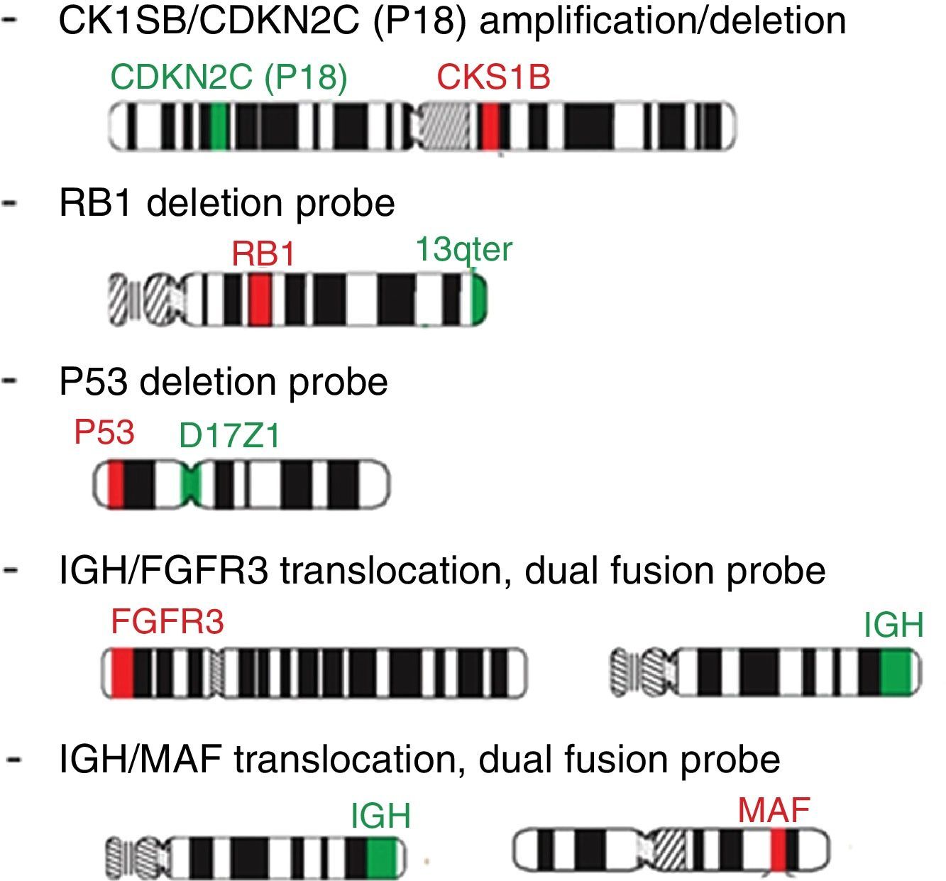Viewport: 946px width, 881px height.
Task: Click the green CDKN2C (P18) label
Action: [x=229, y=77]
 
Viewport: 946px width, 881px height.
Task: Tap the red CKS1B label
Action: [x=494, y=77]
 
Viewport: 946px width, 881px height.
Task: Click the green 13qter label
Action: [x=463, y=249]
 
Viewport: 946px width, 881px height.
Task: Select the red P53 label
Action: [x=104, y=432]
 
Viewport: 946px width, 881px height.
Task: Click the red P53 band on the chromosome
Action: [x=116, y=485]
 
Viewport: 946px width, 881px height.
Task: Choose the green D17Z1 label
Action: [x=230, y=436]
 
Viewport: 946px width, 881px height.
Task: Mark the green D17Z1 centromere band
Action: [x=192, y=485]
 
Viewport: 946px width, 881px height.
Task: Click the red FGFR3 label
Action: [x=167, y=623]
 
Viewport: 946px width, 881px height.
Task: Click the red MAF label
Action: [x=774, y=810]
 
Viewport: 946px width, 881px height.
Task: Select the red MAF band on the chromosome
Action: [x=779, y=849]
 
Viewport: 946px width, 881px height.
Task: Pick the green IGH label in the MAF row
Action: [x=381, y=816]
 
